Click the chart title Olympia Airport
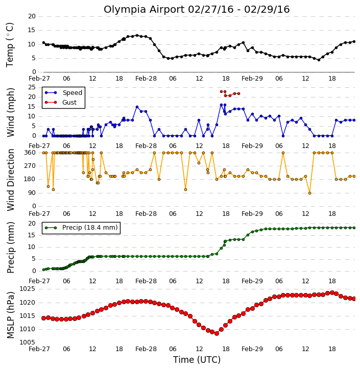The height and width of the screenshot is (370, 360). point(144,10)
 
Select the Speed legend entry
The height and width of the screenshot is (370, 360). point(63,93)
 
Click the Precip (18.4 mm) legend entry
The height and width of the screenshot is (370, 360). point(81,228)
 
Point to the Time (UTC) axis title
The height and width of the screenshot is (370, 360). point(197,360)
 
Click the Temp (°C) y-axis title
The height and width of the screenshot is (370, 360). point(10,45)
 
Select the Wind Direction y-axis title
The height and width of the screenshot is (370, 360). point(11,180)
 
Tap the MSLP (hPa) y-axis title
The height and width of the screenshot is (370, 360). point(11,315)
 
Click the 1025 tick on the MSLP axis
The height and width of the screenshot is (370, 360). point(27,289)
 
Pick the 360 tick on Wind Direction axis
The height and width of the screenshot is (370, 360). point(30,153)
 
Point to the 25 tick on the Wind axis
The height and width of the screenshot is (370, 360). point(32,87)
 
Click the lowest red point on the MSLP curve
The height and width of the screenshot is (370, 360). point(217,333)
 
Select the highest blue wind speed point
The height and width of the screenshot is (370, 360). point(222,105)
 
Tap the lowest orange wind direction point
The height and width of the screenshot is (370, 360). point(310,193)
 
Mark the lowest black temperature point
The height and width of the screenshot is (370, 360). point(319,60)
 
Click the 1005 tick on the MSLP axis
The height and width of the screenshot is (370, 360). point(27,342)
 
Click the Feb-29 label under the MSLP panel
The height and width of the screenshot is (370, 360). point(252,349)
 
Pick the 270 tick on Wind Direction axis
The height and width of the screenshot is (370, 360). point(30,166)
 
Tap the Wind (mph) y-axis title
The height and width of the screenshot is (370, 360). point(11,113)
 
